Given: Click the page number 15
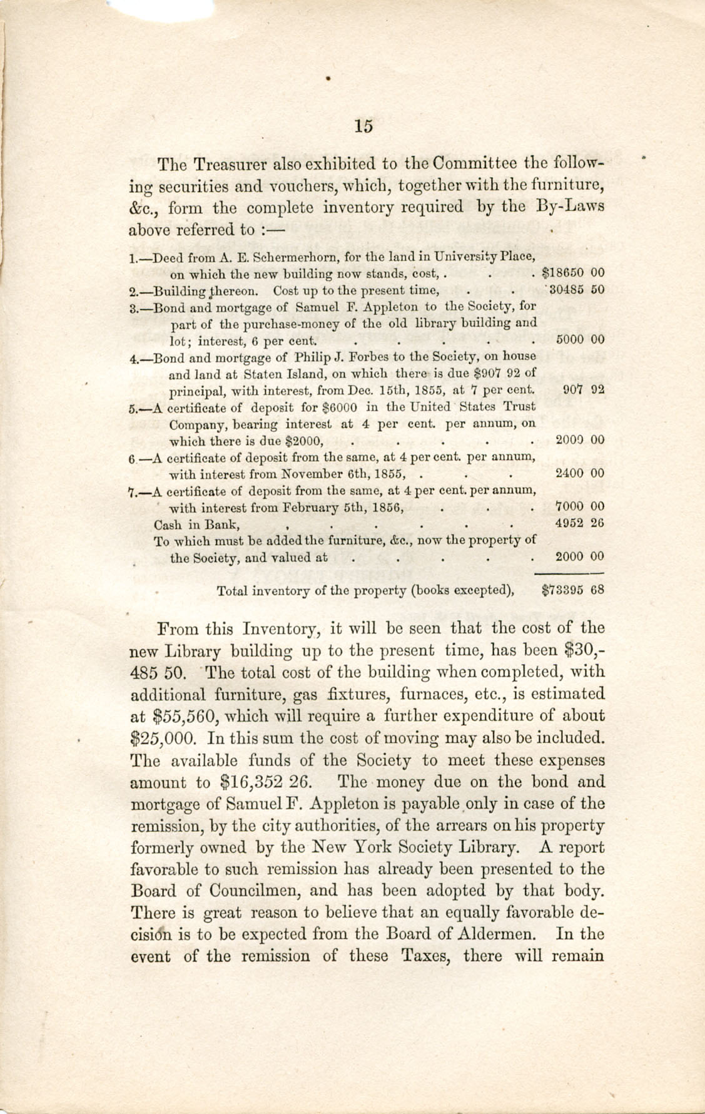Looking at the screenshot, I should pyautogui.click(x=363, y=126).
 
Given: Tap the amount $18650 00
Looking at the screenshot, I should pyautogui.click(x=572, y=273).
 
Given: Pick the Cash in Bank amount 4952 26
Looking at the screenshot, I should pyautogui.click(x=580, y=523).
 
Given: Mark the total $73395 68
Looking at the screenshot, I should pyautogui.click(x=572, y=590).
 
